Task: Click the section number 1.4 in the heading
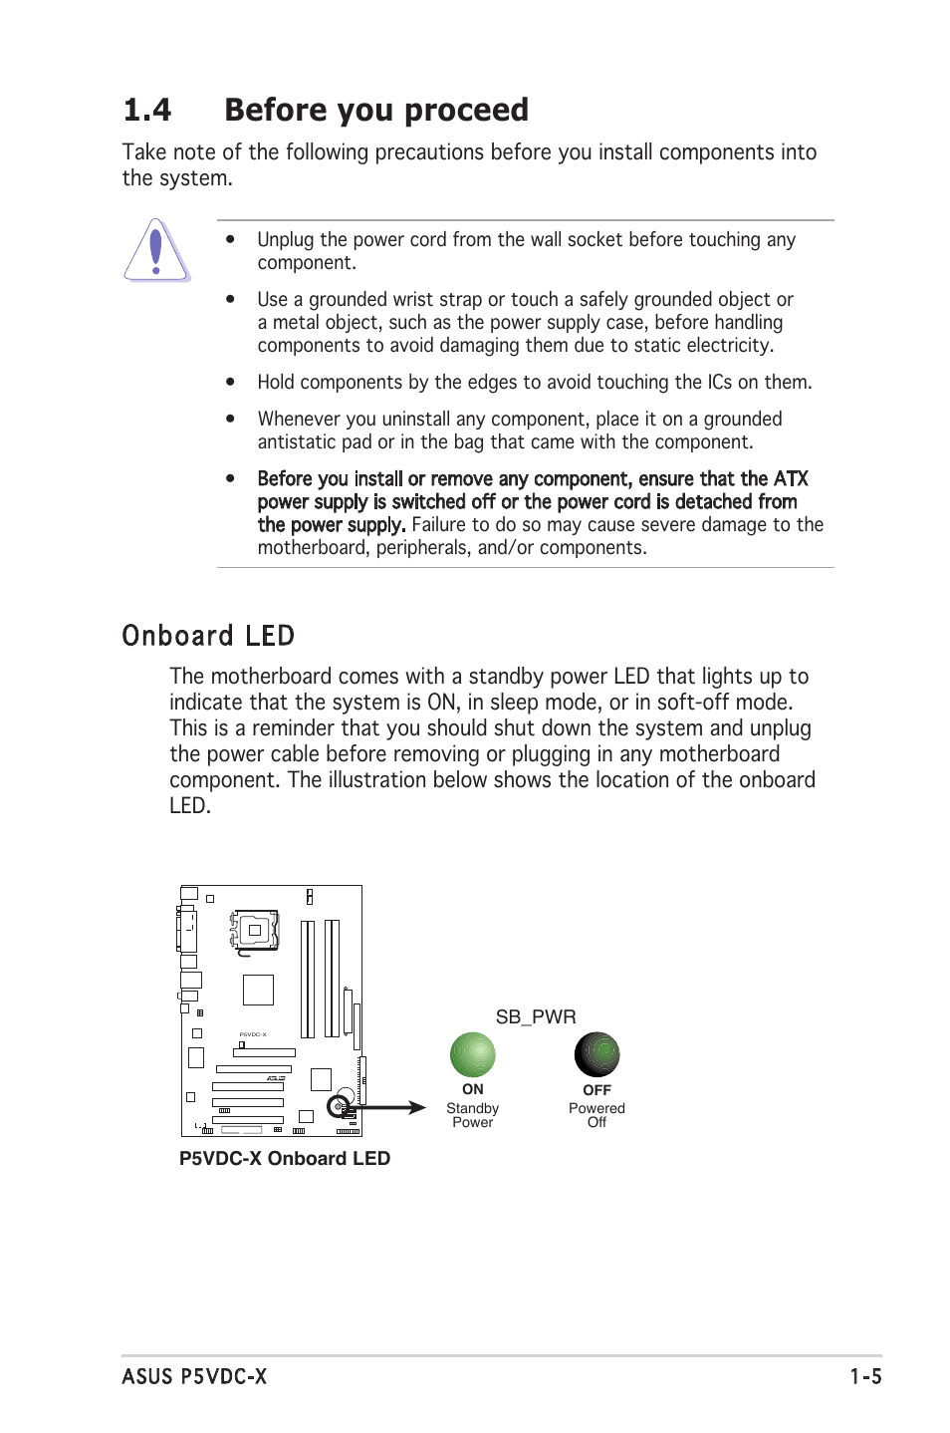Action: (147, 110)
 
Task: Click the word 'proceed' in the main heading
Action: (466, 110)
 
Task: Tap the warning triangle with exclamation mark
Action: (156, 250)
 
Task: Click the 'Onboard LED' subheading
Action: (208, 636)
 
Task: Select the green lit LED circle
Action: (472, 1054)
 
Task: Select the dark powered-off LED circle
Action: (596, 1054)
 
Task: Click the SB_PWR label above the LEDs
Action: (536, 1016)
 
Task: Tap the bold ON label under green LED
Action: (472, 1089)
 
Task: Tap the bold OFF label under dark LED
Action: (596, 1090)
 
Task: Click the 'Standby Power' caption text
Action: (472, 1115)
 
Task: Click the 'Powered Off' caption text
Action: (596, 1115)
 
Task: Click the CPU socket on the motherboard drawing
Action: (256, 930)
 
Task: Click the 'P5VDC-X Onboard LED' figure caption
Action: (284, 1158)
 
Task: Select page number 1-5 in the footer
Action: (864, 1376)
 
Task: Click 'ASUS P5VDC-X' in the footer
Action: (194, 1376)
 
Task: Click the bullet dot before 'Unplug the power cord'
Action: (230, 239)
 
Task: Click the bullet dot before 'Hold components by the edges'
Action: (230, 382)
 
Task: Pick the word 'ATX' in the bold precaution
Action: (791, 478)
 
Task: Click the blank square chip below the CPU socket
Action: (258, 990)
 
